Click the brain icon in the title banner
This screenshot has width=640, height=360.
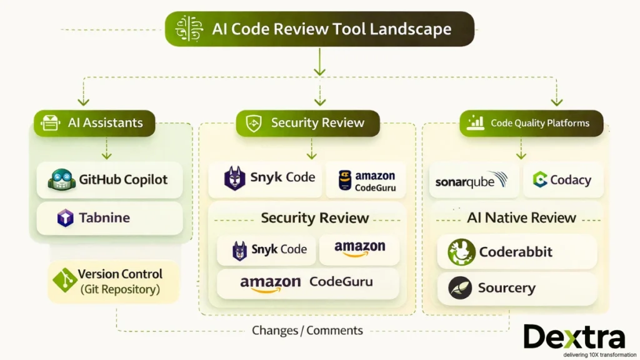pos(189,29)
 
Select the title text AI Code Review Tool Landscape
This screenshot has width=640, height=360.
pos(331,29)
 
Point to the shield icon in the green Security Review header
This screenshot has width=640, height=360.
pos(253,123)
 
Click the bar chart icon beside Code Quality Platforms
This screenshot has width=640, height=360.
pos(476,123)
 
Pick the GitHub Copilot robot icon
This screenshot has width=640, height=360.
pos(61,180)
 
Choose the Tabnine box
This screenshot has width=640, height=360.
pos(109,218)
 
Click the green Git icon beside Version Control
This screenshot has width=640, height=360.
pos(64,281)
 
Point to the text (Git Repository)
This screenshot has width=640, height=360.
pos(120,290)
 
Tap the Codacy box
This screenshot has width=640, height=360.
pos(562,180)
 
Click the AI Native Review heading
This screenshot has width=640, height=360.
pos(521,217)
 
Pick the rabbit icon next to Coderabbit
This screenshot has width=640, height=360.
pos(461,252)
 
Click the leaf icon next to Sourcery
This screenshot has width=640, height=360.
pos(460,288)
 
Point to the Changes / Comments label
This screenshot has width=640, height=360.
pos(307,330)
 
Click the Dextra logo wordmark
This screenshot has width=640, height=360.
pos(573,337)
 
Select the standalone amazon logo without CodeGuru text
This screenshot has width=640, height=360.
pos(359,248)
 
